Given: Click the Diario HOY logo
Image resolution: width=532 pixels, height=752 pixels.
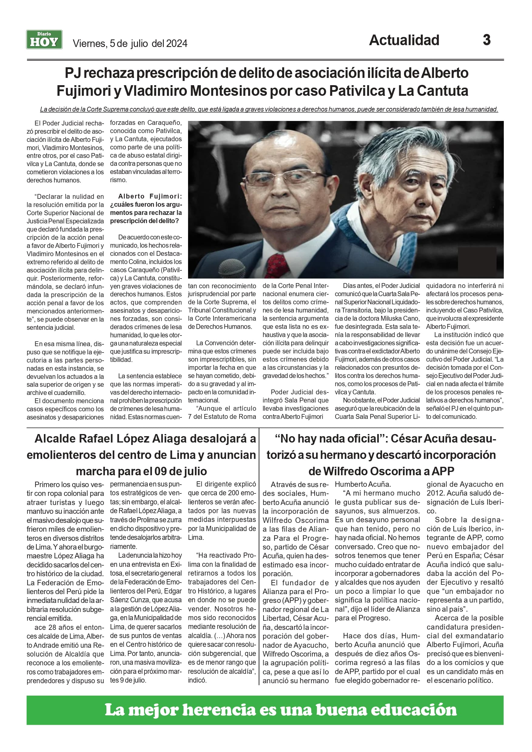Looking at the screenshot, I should [x=44, y=40].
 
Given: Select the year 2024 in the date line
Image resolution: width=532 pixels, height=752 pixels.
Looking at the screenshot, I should [x=177, y=44].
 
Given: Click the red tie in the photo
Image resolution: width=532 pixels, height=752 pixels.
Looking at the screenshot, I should [x=276, y=265].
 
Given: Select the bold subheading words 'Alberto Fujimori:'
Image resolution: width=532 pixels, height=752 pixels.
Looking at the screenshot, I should [x=150, y=196].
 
